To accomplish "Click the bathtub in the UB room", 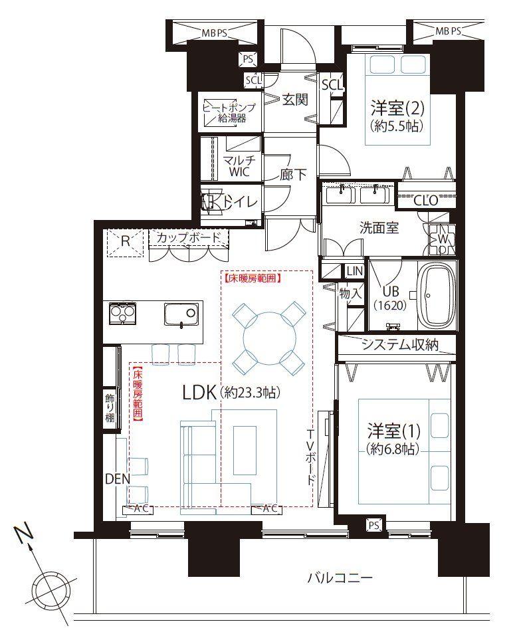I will (x=437, y=296).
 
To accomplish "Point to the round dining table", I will (x=266, y=337).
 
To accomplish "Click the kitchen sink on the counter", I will (x=181, y=314).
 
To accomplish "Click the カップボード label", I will (x=188, y=237).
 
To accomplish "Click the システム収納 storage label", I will (x=400, y=344).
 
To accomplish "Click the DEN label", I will (x=117, y=478).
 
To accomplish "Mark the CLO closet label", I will (x=425, y=199).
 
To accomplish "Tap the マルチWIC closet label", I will (x=236, y=166).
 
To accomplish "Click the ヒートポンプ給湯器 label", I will (x=229, y=113).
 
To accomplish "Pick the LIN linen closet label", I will (x=353, y=270).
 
